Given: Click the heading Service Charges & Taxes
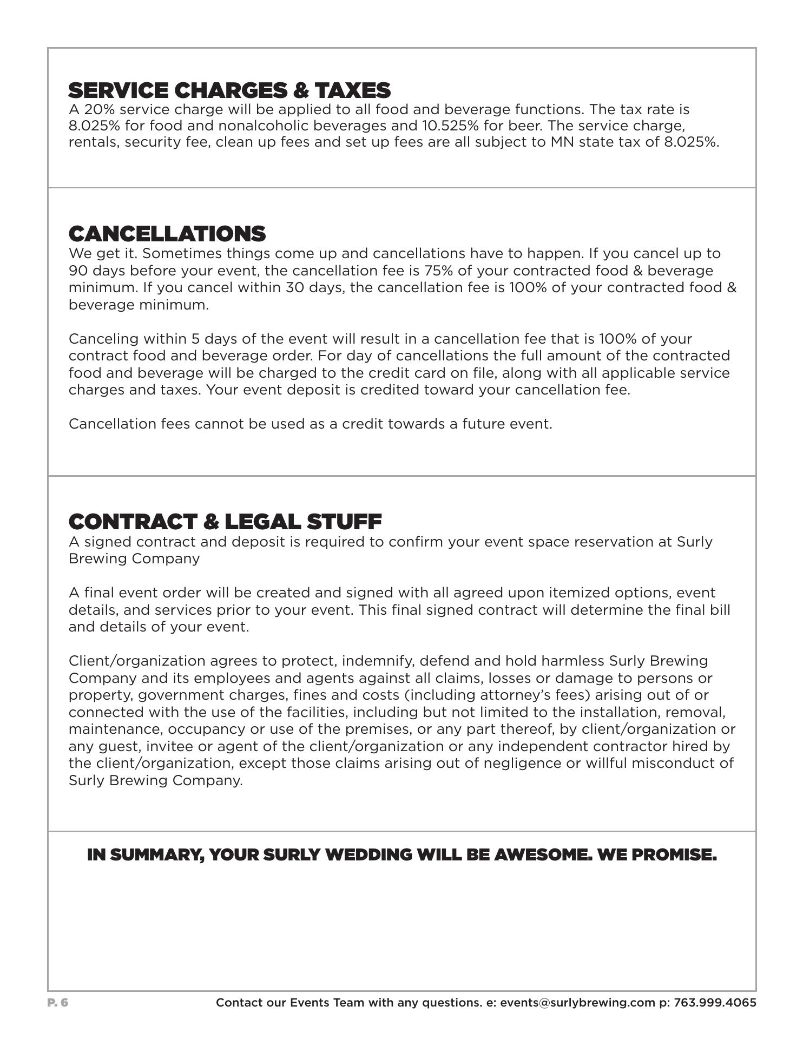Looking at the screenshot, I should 229,90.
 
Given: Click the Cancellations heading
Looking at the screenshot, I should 167,234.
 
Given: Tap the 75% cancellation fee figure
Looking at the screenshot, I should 438,271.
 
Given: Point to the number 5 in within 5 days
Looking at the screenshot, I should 195,339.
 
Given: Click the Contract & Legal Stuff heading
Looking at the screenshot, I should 225,522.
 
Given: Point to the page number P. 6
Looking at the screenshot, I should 58,1003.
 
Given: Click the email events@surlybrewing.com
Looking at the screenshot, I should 577,1003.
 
